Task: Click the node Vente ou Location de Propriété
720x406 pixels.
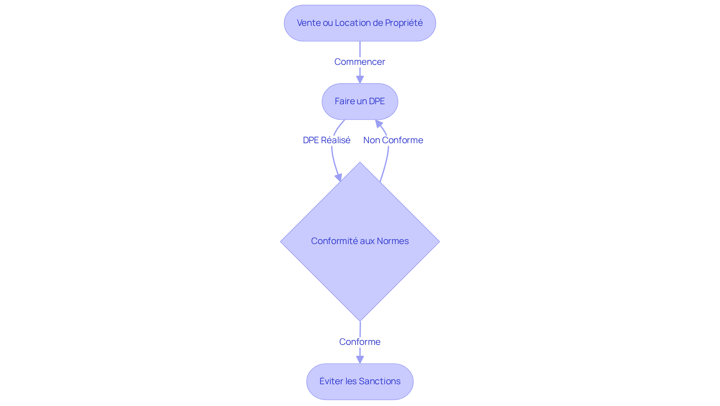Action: tap(360, 23)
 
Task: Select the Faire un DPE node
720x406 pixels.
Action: tap(360, 101)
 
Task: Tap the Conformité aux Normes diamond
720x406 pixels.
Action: tap(360, 262)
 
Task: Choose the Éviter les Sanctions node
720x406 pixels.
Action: tap(360, 381)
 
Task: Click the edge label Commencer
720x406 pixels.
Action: tap(360, 62)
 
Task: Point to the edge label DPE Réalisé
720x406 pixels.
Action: tap(327, 140)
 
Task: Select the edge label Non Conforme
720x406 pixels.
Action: tap(393, 140)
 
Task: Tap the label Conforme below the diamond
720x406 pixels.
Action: tap(360, 342)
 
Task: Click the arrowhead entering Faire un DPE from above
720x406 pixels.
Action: tap(360, 79)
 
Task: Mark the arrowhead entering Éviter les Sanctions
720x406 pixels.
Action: tap(360, 360)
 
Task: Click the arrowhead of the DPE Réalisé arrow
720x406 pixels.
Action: tap(339, 177)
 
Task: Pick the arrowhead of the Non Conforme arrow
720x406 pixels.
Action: tap(378, 123)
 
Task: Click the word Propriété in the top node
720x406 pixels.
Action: tap(404, 23)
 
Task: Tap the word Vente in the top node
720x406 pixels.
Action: tap(309, 23)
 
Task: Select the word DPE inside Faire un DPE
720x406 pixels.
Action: tap(377, 101)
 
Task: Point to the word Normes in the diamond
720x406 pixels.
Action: tap(393, 241)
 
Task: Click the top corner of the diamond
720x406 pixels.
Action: tap(360, 163)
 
